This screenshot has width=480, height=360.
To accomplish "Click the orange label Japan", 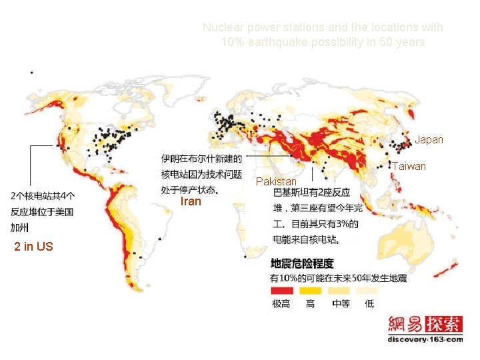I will point(429,140).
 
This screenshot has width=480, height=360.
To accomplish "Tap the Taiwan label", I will point(409,166).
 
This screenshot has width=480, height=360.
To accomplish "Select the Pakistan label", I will point(276,181).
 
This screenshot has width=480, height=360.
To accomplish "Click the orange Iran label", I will point(191,201).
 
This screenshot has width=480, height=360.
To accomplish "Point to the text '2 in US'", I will point(33,247).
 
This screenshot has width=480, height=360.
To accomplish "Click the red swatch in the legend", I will point(281,291).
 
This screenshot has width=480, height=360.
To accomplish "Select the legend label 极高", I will point(281,303).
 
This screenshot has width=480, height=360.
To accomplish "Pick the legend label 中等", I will point(341,303).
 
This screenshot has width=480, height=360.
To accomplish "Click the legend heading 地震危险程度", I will point(301,264).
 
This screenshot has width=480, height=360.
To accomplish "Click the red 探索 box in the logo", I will point(445,324).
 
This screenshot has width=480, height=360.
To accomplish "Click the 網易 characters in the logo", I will point(406,324).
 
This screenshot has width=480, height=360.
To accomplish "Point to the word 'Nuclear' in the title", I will point(221,28).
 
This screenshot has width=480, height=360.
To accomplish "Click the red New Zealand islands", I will point(445,269).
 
